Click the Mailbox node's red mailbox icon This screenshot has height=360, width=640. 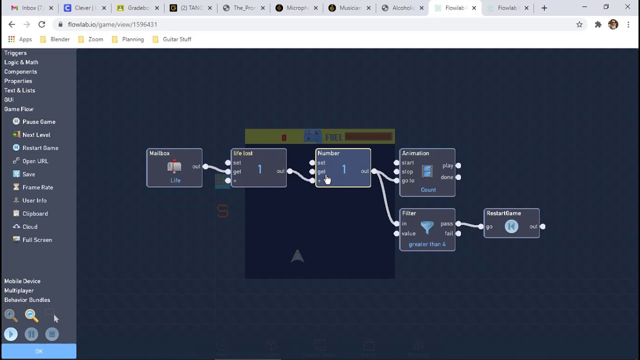coord(174,167)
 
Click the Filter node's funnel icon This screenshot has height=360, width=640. coord(427,228)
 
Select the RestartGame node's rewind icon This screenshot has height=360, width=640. coord(511,226)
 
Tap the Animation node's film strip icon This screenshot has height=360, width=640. coord(427,171)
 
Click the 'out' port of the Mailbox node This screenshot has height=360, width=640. coord(205,166)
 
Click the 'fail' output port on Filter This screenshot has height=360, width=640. coord(458,233)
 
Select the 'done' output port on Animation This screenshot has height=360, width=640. coord(458,177)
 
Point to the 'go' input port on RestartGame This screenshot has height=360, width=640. coord(481,226)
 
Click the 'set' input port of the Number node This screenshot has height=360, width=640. coord(312,162)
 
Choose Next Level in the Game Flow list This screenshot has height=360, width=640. coord(36,135)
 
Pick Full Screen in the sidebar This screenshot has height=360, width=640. coord(37,240)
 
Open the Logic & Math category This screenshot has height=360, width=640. coord(21,62)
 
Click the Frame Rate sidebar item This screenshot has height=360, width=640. coord(37,187)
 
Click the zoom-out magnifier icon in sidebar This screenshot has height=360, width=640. coord(31,315)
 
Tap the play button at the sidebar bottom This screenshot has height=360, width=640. coord(11,334)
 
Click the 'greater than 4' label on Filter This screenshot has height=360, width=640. coord(427,244)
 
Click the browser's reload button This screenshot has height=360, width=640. coord(42,24)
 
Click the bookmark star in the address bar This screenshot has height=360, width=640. coord(579,24)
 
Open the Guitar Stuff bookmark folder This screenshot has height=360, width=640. coord(176,39)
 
